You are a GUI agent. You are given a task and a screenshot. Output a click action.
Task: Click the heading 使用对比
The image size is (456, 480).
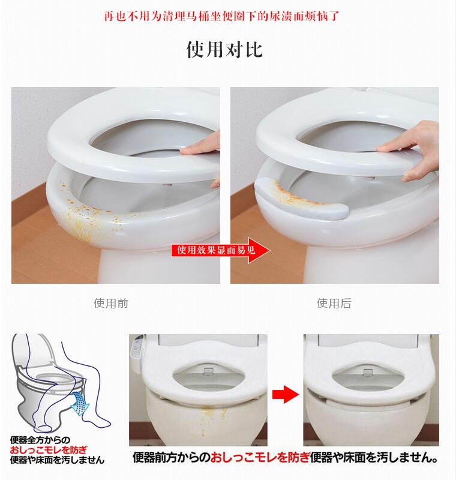(224, 49)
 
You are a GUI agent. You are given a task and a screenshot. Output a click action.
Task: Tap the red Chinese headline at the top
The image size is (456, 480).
(221, 16)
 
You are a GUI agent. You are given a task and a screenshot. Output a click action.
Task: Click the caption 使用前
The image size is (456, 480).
(111, 303)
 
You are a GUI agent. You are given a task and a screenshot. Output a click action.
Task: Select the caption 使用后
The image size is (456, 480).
(334, 303)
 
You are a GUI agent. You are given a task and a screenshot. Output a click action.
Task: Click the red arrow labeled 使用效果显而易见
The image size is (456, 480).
(220, 250)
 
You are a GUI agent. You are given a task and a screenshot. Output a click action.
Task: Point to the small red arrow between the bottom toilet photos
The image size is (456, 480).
(285, 394)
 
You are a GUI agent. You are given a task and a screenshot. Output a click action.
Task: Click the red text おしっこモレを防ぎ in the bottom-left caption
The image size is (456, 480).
(49, 449)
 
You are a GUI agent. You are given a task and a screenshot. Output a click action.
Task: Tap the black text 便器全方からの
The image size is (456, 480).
(40, 440)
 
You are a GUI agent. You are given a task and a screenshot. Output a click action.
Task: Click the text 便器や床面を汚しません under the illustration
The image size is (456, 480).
(57, 460)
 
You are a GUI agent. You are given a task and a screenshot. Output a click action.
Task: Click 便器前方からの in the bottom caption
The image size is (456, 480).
(172, 458)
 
